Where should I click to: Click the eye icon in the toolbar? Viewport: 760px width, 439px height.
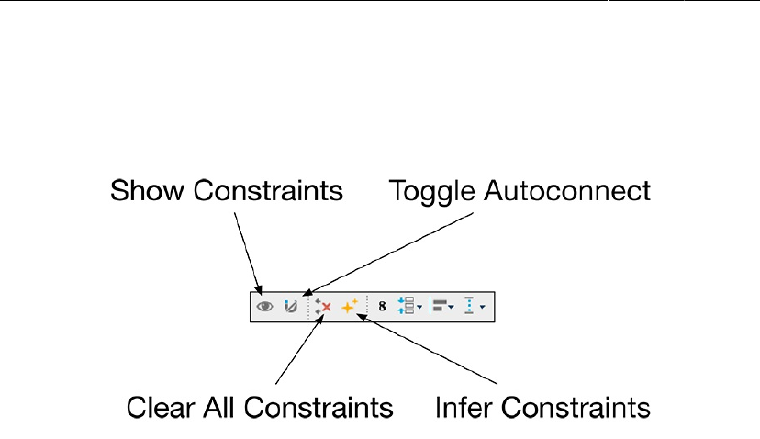click(265, 307)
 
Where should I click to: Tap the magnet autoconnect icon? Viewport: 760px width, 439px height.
click(290, 307)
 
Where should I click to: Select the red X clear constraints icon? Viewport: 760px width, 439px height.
click(322, 307)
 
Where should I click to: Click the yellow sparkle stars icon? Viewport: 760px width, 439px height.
click(349, 307)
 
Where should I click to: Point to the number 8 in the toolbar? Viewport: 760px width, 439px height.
click(382, 307)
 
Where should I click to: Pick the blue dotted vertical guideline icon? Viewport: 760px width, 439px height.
click(472, 307)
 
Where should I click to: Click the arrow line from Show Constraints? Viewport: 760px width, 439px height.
click(247, 248)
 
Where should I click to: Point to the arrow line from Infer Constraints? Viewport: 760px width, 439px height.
click(431, 349)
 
